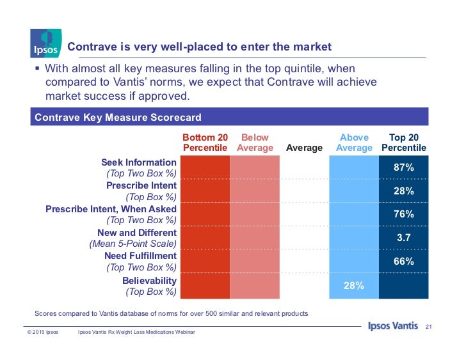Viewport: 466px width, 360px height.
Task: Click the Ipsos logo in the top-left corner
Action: [45, 42]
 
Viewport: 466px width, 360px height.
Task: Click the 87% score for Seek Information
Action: [403, 168]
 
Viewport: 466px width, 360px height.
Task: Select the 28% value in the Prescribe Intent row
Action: [403, 191]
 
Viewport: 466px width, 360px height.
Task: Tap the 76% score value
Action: [403, 214]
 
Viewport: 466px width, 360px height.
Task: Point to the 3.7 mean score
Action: [403, 238]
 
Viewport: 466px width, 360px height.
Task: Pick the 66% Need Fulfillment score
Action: [403, 261]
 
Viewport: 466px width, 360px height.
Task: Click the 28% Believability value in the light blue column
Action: [354, 285]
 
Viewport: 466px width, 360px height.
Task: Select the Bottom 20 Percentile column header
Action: [205, 143]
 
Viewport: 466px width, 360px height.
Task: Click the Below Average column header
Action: [255, 143]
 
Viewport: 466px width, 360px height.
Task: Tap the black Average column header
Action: [304, 148]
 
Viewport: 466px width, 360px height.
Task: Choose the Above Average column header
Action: [354, 143]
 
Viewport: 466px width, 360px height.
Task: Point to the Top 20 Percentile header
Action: [404, 143]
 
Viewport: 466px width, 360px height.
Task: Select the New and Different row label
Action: [136, 233]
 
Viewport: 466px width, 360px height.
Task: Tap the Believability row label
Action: [149, 280]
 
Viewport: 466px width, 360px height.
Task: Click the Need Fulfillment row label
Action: [140, 256]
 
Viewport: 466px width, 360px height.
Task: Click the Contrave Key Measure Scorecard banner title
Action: [118, 118]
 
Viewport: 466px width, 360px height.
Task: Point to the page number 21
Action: [429, 327]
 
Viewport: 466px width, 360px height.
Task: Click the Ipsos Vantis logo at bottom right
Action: [393, 327]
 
